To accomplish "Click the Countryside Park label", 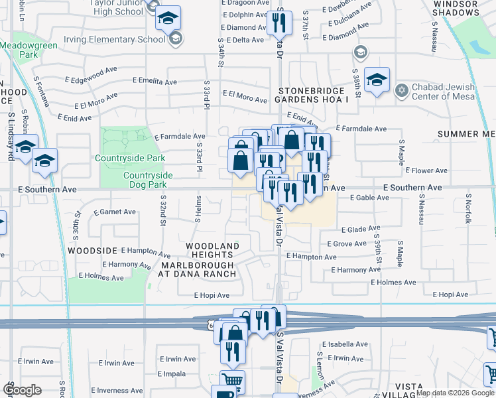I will pyautogui.click(x=130, y=159).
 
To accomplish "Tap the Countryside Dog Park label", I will pyautogui.click(x=148, y=180).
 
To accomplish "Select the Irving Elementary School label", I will pyautogui.click(x=119, y=39).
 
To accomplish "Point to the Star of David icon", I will pyautogui.click(x=401, y=90).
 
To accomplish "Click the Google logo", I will pyautogui.click(x=22, y=390).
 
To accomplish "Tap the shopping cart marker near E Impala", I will pyautogui.click(x=232, y=381).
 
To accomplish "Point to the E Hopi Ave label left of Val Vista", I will pyautogui.click(x=212, y=296).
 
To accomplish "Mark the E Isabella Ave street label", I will pyautogui.click(x=343, y=345).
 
